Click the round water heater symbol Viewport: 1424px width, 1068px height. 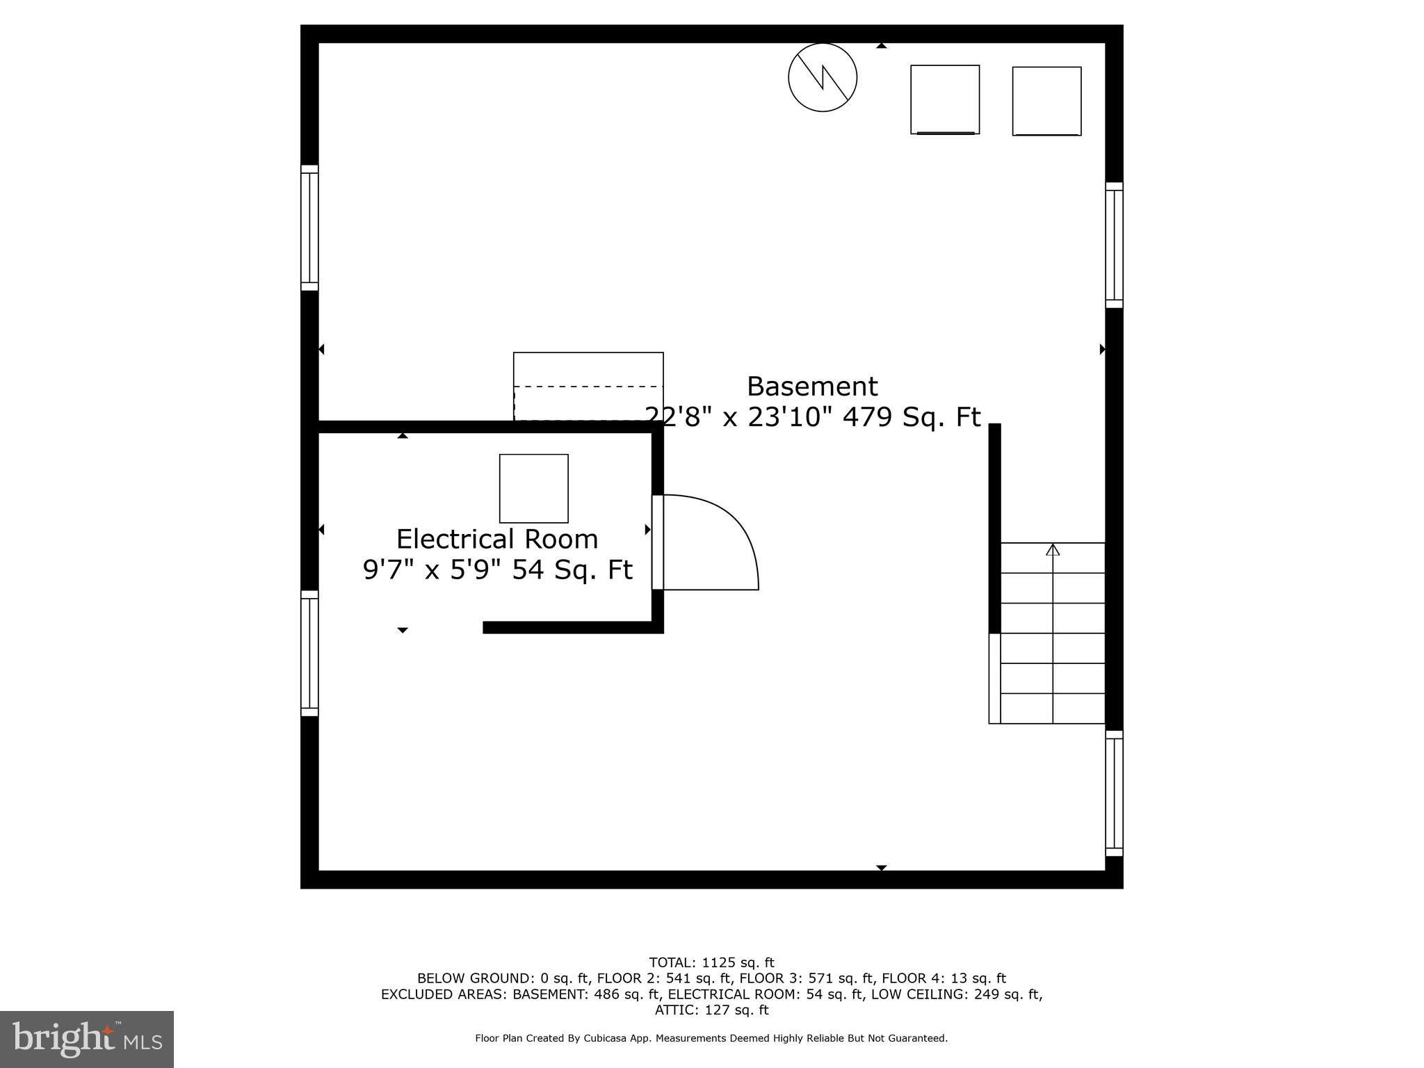click(x=822, y=77)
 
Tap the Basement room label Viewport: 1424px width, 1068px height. click(x=811, y=387)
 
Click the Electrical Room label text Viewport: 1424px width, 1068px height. click(x=496, y=540)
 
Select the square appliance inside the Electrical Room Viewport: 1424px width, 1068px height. click(x=533, y=488)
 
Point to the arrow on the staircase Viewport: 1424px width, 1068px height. click(x=1053, y=550)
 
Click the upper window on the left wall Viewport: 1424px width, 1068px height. click(x=309, y=228)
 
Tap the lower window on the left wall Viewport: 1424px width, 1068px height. click(x=309, y=653)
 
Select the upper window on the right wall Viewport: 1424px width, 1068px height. click(x=1114, y=245)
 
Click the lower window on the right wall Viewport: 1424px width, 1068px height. click(x=1114, y=793)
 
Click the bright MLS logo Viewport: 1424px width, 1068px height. click(x=87, y=1039)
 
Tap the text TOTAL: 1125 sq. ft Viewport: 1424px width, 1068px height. click(x=711, y=962)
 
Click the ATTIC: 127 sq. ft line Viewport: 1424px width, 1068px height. click(x=711, y=1010)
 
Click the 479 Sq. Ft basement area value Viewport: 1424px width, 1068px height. click(x=911, y=417)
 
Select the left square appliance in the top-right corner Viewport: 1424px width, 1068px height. click(x=945, y=99)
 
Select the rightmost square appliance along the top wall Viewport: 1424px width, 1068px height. click(x=1046, y=101)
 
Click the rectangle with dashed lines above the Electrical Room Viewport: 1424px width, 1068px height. click(x=588, y=386)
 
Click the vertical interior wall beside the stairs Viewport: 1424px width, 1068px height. click(x=994, y=528)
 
